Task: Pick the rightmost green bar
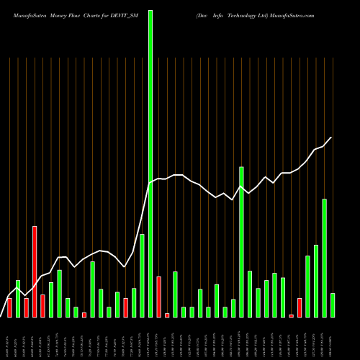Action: point(332,305)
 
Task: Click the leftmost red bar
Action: point(10,308)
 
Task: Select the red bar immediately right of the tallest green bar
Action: point(158,297)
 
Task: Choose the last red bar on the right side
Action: point(299,308)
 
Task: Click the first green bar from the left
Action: point(18,298)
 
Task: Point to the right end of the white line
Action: point(332,137)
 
